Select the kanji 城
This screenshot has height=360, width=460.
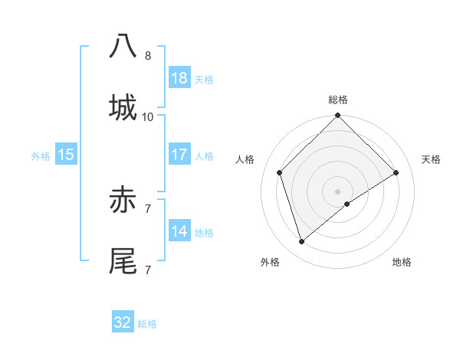point(123,107)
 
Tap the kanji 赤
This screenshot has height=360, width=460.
point(123,201)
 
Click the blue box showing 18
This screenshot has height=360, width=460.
point(179,78)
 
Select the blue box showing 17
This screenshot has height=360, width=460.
point(179,155)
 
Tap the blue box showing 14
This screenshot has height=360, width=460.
point(179,231)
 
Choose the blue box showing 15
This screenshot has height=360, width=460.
point(66,155)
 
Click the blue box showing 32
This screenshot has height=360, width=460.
point(123,322)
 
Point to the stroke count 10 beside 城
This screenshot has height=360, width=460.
point(148,116)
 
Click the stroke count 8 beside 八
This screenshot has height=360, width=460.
point(148,55)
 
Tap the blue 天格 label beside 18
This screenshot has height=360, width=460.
point(204,79)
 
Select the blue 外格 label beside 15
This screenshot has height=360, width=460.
point(41,155)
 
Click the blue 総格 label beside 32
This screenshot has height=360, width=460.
point(147,323)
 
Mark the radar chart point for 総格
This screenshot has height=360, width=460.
point(337,116)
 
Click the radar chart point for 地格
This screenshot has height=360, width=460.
point(347,204)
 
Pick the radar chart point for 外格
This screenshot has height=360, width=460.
point(301,242)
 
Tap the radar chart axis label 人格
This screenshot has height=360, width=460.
point(245,159)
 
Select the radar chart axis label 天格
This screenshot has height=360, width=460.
point(431,159)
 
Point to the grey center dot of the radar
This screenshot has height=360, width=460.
point(337,190)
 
